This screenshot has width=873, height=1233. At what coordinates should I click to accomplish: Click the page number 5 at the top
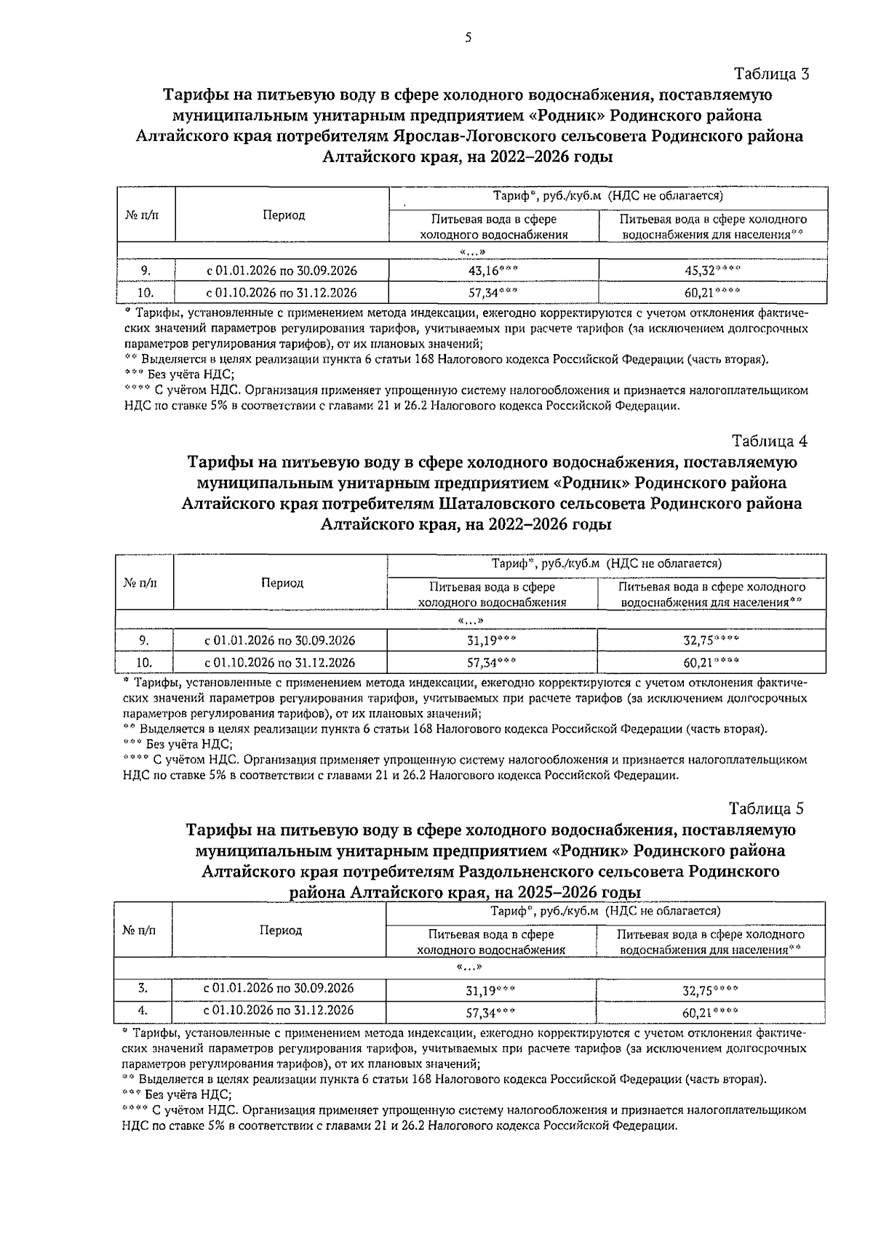[469, 39]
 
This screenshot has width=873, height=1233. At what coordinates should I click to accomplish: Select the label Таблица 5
[767, 808]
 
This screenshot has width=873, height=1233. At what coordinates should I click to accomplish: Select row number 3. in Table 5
[143, 988]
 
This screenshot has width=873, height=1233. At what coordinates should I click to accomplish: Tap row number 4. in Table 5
[143, 1010]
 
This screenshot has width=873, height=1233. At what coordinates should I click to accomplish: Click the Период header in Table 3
[284, 215]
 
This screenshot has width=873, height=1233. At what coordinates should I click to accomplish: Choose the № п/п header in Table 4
[144, 582]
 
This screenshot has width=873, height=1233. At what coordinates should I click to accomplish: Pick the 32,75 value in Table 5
[709, 989]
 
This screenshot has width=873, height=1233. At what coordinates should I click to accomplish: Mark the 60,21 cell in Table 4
[711, 662]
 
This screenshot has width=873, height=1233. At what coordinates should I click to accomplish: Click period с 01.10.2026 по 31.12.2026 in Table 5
[279, 1010]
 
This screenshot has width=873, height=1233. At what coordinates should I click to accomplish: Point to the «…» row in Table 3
[472, 252]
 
